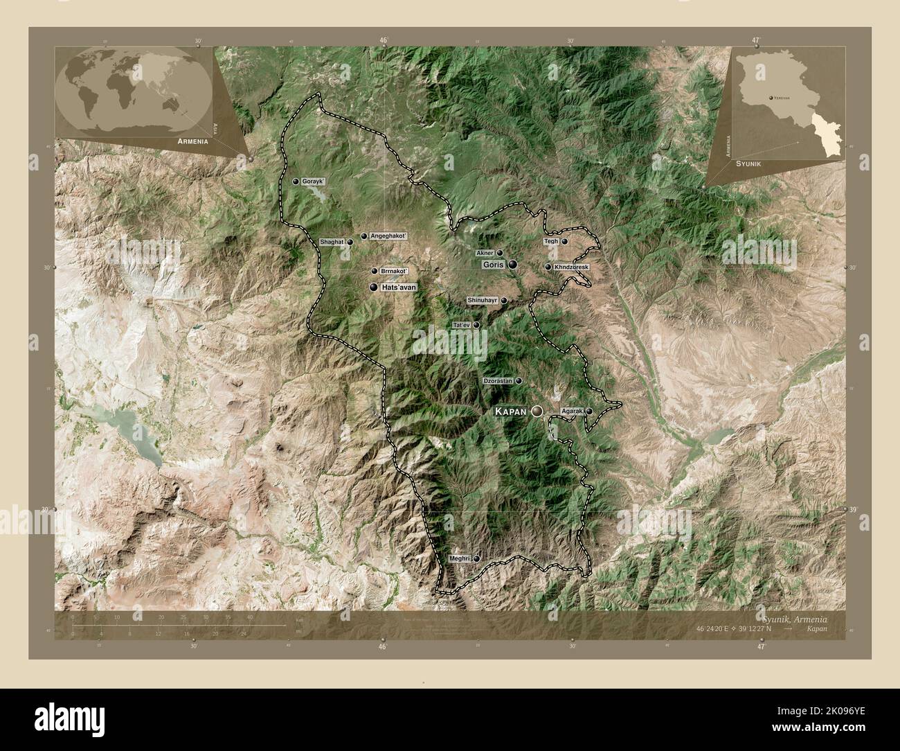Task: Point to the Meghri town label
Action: pyautogui.click(x=460, y=558)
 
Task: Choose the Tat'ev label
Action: pyautogui.click(x=461, y=325)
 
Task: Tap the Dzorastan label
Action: pyautogui.click(x=497, y=381)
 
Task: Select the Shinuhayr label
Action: pyautogui.click(x=483, y=300)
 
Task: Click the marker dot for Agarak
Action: pyautogui.click(x=589, y=412)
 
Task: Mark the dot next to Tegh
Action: pyautogui.click(x=564, y=241)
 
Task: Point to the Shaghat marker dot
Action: pyautogui.click(x=350, y=242)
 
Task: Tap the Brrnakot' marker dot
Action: pyautogui.click(x=375, y=271)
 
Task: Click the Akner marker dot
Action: pyautogui.click(x=499, y=253)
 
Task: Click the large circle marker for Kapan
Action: pyautogui.click(x=537, y=412)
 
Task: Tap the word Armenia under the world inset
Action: pyautogui.click(x=193, y=141)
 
